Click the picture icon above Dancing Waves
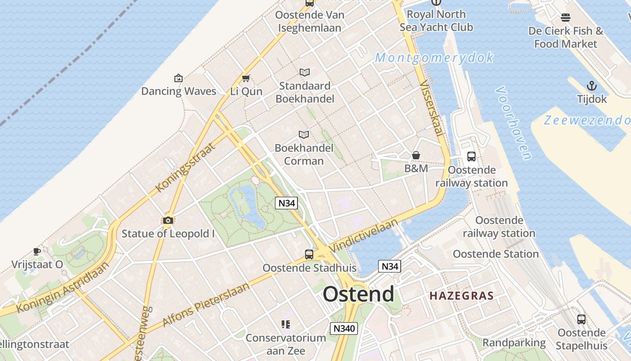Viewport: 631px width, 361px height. (178, 78)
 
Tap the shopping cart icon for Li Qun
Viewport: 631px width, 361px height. (246, 79)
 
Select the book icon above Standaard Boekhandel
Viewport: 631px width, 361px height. (305, 72)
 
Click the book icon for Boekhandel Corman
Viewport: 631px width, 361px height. (304, 134)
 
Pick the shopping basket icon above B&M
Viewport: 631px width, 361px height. (416, 155)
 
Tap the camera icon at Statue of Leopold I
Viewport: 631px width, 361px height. (168, 220)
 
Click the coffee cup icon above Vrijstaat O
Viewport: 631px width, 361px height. (37, 251)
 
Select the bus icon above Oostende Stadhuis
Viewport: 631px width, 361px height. (309, 254)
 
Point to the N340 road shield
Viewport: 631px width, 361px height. (343, 329)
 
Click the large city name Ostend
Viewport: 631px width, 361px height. (358, 294)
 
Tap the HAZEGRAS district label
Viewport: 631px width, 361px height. (461, 296)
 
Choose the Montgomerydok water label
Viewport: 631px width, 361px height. (434, 58)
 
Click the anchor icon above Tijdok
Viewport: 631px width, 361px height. (591, 86)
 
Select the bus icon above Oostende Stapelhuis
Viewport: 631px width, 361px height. (581, 319)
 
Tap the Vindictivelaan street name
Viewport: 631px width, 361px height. (364, 236)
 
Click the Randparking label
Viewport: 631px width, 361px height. (514, 342)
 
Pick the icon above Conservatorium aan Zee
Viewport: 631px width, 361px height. (285, 324)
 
